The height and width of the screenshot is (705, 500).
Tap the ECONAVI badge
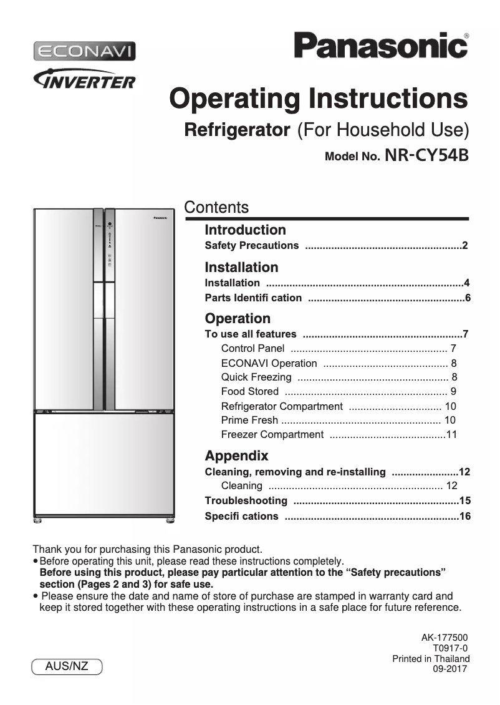(84, 51)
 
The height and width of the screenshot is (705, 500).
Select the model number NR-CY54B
(427, 155)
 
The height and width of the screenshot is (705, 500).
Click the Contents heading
(216, 208)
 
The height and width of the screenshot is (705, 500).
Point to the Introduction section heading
(245, 230)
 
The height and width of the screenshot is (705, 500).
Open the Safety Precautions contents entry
(252, 246)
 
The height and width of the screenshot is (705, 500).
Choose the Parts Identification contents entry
(253, 298)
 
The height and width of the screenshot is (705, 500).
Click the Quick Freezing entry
(256, 377)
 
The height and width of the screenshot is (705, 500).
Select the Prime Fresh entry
(249, 421)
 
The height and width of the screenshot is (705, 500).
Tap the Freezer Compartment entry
(272, 435)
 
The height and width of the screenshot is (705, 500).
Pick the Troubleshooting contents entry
(246, 501)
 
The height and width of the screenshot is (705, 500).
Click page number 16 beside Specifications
(464, 517)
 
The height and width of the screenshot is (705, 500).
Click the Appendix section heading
(236, 456)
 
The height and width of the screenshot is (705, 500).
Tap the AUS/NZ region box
(67, 666)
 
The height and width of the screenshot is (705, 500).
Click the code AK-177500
(444, 638)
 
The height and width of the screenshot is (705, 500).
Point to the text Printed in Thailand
(431, 659)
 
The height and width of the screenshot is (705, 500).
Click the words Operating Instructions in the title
(319, 99)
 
